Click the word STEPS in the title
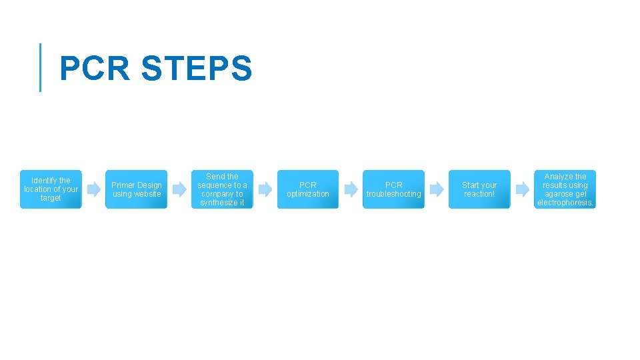click(197, 69)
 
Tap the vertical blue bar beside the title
click(41, 67)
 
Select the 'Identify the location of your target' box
click(51, 189)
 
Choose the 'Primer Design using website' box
click(137, 189)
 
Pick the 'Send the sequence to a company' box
click(222, 189)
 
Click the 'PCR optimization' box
click(308, 189)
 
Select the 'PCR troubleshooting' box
click(393, 189)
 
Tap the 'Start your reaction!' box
click(479, 189)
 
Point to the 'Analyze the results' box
click(565, 189)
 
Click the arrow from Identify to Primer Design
click(94, 189)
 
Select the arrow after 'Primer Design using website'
click(179, 189)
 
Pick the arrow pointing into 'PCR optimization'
click(265, 189)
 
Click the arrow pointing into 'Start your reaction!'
click(437, 189)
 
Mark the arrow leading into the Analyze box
click(522, 189)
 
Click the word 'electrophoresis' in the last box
click(565, 203)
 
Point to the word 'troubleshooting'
click(393, 194)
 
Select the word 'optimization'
click(308, 194)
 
